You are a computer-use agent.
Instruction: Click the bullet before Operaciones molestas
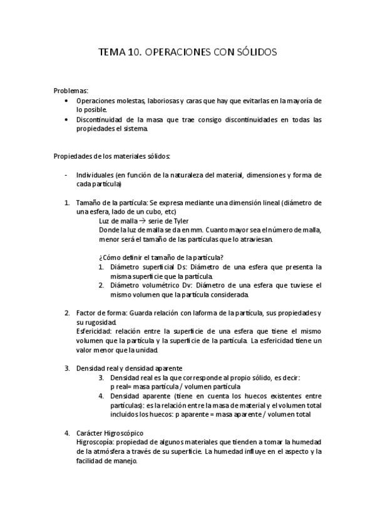click(x=67, y=100)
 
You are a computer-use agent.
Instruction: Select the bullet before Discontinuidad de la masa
click(x=67, y=119)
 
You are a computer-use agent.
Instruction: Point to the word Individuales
click(x=95, y=175)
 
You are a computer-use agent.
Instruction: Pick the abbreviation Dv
click(x=186, y=285)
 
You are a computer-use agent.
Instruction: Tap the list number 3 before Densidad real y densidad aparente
click(x=67, y=368)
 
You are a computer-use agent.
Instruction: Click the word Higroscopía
click(x=95, y=442)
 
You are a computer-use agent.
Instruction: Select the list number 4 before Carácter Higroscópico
click(x=67, y=432)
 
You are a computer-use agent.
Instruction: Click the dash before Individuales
click(x=67, y=175)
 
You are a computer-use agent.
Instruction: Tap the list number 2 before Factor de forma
click(x=67, y=312)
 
